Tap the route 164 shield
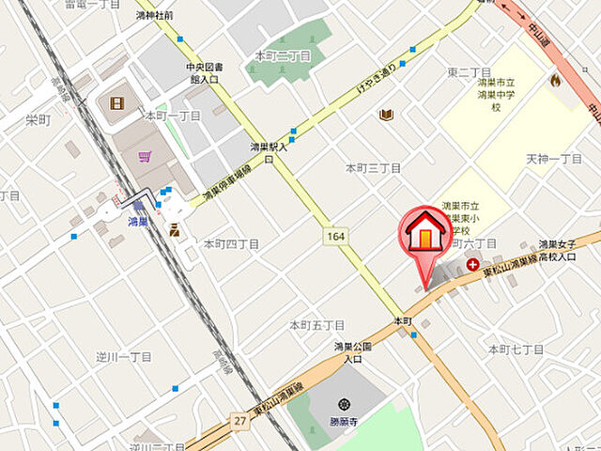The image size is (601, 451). (335, 235)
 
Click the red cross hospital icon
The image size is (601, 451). (471, 266)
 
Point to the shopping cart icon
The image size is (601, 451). (145, 156)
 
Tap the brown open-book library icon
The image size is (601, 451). (385, 115)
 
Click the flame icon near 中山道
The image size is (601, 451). (555, 80)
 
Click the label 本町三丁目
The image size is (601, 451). (373, 168)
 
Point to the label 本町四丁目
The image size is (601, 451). (231, 243)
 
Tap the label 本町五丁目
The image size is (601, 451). (316, 325)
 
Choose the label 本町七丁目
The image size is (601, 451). (516, 350)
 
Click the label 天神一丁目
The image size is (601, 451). (554, 159)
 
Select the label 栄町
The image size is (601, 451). (38, 119)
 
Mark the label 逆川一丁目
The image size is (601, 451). (123, 357)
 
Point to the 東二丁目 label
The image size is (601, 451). (470, 72)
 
